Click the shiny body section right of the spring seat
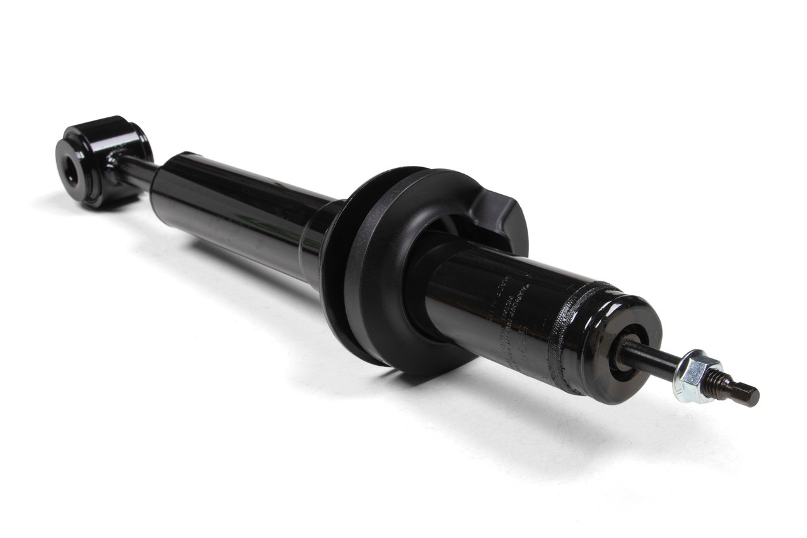click(x=479, y=303)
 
